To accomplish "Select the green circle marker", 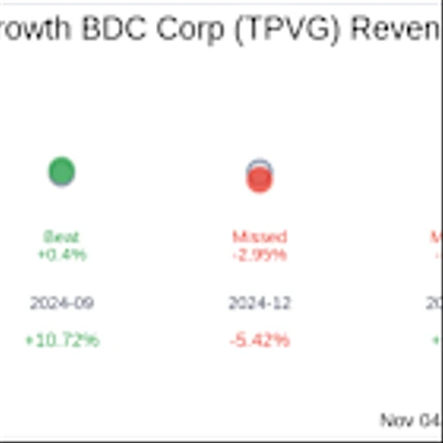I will (61, 171).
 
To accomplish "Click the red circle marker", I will (259, 178).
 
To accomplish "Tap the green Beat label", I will (61, 237).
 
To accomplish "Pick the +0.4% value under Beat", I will (61, 255).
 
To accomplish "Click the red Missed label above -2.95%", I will (260, 237).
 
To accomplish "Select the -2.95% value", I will (260, 255).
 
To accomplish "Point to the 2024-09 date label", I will (61, 303).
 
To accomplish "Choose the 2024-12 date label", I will (260, 303).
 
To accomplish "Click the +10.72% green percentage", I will (61, 340).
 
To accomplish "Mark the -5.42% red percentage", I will (260, 340).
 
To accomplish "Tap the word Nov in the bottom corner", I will (395, 419).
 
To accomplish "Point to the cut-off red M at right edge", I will (437, 237).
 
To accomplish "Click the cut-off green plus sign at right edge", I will (438, 340).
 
